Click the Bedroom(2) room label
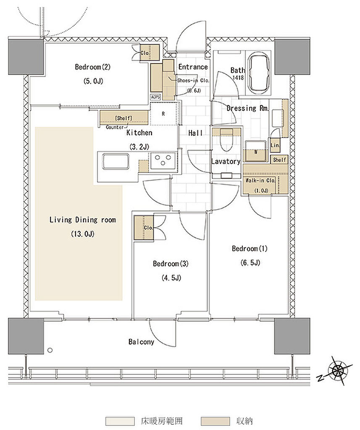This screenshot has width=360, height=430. [92, 67]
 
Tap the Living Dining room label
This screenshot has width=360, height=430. [83, 220]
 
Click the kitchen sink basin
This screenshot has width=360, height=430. [116, 162]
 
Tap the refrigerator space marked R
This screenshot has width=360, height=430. [163, 114]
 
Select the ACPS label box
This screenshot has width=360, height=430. [155, 97]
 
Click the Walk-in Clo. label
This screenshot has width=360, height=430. [260, 181]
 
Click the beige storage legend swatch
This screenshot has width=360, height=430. [215, 421]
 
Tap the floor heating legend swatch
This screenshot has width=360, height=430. [120, 421]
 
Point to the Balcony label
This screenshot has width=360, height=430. [141, 342]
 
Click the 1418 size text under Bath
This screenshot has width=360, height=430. [238, 78]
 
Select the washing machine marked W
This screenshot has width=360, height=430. [256, 151]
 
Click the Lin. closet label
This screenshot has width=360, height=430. [275, 145]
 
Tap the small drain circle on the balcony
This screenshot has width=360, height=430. [50, 350]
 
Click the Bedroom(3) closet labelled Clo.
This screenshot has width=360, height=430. [144, 228]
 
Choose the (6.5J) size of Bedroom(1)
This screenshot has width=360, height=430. [250, 263]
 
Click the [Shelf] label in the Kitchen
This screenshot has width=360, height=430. [124, 118]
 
